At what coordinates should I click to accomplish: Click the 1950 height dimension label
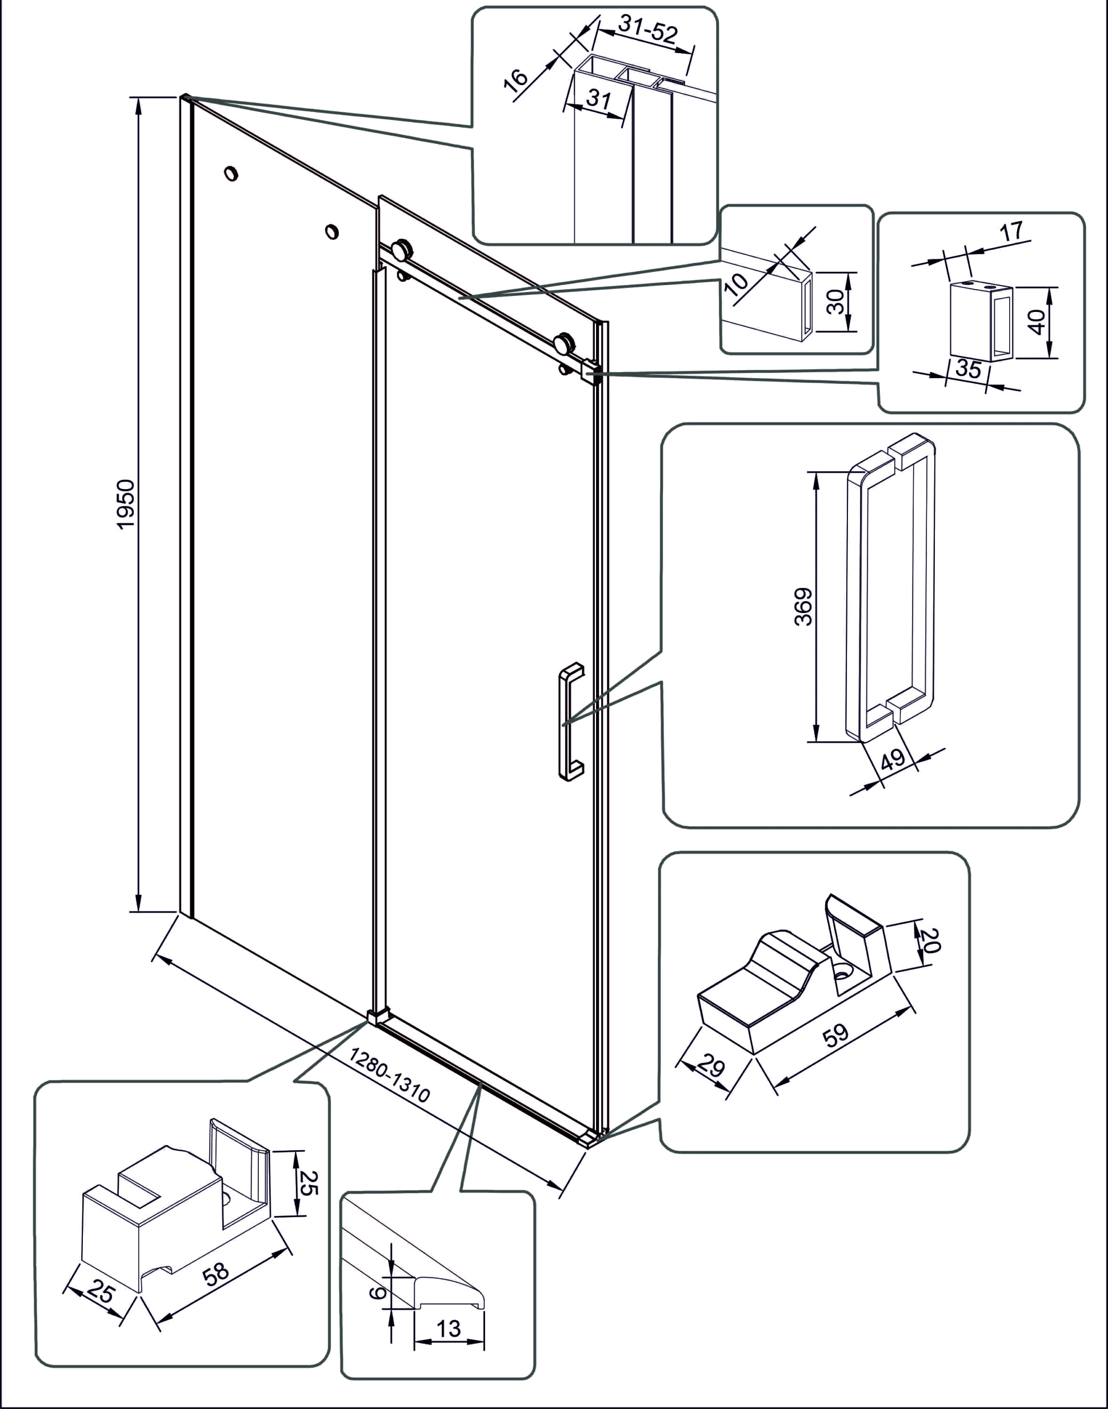pyautogui.click(x=126, y=504)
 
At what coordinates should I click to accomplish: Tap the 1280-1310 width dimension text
pyautogui.click(x=389, y=1075)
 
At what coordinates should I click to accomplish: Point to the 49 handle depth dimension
pyautogui.click(x=894, y=758)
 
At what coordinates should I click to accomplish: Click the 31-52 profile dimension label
pyautogui.click(x=647, y=29)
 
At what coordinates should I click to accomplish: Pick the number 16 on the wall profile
pyautogui.click(x=517, y=81)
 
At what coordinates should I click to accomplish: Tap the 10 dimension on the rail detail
pyautogui.click(x=737, y=283)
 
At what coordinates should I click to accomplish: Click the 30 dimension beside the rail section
pyautogui.click(x=837, y=302)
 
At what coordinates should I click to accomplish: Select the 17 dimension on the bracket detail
pyautogui.click(x=1011, y=231)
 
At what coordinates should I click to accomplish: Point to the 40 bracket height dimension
pyautogui.click(x=1037, y=322)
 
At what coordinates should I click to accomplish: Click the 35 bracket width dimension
pyautogui.click(x=968, y=369)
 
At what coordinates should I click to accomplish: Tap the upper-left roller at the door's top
pyautogui.click(x=402, y=249)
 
